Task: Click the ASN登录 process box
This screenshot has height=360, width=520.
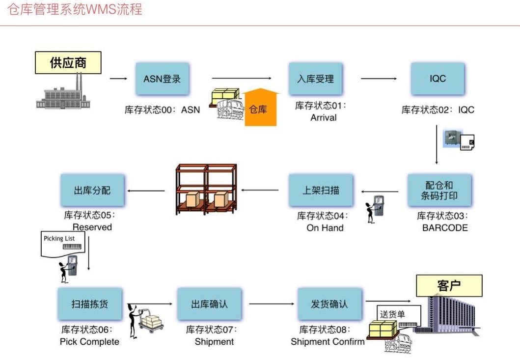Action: point(162,79)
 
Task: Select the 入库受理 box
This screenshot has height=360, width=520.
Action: point(315,79)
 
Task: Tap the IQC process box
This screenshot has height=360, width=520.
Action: point(437,79)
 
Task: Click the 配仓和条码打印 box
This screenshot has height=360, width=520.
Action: point(439,190)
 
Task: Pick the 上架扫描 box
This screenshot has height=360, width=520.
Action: point(320,190)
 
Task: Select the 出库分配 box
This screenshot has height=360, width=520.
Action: point(92,190)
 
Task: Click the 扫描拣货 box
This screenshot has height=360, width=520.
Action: point(89,304)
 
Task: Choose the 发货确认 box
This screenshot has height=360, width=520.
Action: point(329,304)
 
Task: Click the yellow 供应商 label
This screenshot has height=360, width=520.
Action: point(68,63)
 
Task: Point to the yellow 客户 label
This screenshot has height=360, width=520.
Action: point(449,285)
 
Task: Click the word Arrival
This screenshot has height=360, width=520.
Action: point(323,118)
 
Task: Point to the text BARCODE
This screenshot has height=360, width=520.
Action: point(445,228)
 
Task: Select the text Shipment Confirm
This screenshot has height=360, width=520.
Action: point(328,342)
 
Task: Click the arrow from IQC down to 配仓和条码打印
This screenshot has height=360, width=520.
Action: point(437,145)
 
